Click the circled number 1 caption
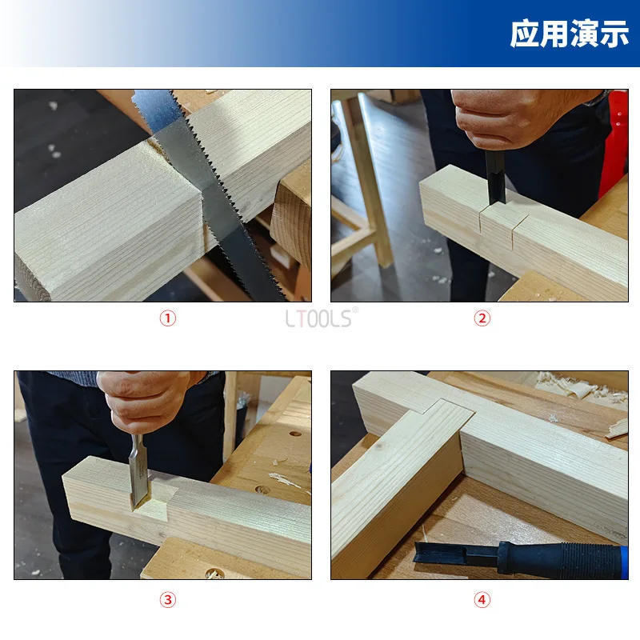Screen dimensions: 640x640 click(168, 318)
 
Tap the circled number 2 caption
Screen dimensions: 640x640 click(482, 318)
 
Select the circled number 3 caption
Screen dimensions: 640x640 click(168, 600)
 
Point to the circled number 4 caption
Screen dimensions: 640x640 click(482, 600)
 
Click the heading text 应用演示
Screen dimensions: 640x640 click(570, 34)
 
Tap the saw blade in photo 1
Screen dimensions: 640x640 click(204, 188)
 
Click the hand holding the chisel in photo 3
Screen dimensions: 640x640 click(145, 402)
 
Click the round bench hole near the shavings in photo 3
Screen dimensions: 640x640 click(262, 490)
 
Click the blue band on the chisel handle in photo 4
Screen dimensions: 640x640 click(625, 562)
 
